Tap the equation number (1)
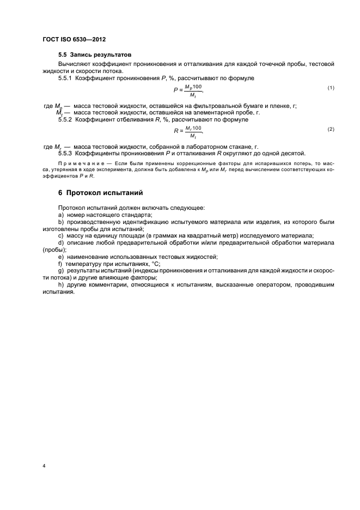tap(330, 88)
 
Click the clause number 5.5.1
tap(65, 78)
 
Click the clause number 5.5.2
tap(65, 119)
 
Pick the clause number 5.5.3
tap(65, 153)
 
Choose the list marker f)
tap(60, 263)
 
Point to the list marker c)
tap(60, 235)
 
